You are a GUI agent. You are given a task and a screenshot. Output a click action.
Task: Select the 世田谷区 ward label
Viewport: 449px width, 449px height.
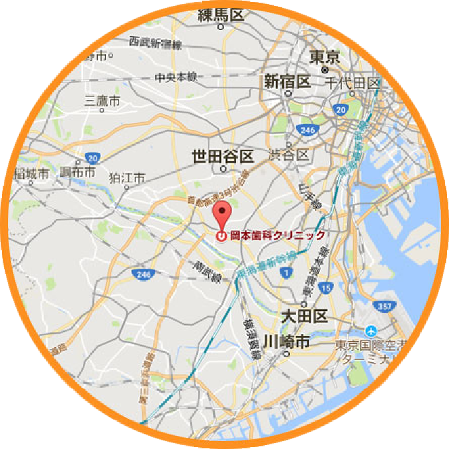222,156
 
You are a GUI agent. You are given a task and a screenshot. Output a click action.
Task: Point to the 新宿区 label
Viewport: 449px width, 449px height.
287,82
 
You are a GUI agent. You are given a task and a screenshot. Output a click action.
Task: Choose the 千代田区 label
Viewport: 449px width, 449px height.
353,83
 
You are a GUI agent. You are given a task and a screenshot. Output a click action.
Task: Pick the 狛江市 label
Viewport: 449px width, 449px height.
127,178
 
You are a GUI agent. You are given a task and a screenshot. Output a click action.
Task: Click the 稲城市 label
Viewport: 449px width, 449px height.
31,174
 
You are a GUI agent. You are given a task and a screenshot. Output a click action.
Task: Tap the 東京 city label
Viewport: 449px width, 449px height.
324,57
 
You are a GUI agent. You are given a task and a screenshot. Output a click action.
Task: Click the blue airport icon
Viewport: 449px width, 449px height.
371,331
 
